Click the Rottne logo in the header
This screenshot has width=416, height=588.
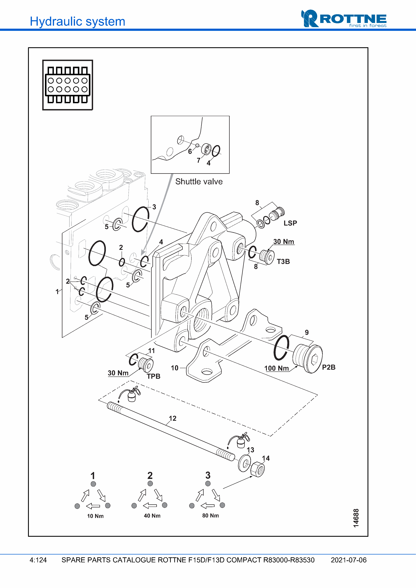click(344, 19)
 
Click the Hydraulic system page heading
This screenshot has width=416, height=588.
click(77, 21)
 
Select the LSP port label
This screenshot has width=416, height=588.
click(290, 223)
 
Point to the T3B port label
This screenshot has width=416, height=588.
click(283, 261)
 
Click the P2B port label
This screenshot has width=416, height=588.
click(329, 367)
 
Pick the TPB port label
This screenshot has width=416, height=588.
click(153, 376)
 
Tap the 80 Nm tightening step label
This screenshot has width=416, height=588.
click(211, 515)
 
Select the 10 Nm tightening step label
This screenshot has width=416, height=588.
click(95, 516)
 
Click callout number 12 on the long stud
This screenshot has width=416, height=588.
click(172, 418)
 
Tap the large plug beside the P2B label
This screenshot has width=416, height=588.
click(308, 359)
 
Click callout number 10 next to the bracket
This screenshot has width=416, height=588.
click(175, 368)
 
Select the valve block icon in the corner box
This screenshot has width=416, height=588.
click(68, 85)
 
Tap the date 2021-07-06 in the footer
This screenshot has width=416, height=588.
click(348, 560)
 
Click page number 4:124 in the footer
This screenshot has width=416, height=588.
click(38, 560)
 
